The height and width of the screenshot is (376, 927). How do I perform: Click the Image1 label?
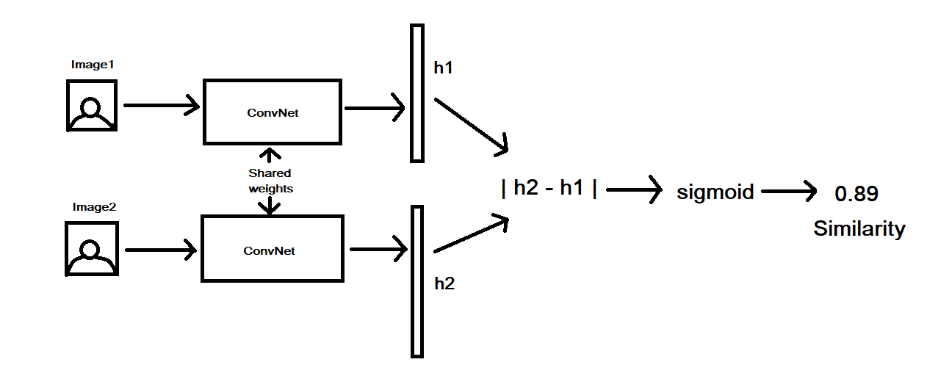point(92,65)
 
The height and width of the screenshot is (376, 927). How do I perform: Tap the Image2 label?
point(94,207)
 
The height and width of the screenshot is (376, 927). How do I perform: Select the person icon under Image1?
point(92,106)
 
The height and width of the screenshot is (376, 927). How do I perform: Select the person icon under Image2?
point(92,250)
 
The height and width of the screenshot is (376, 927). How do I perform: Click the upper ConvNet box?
point(272,112)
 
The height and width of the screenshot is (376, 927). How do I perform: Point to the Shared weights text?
point(270,181)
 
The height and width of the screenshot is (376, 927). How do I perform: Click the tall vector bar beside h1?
point(417,93)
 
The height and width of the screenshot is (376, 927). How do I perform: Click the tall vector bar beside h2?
point(417,281)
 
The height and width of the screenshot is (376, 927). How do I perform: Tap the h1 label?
point(444,68)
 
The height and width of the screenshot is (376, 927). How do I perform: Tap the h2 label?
point(444,283)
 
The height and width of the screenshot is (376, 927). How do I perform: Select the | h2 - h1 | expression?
point(549,188)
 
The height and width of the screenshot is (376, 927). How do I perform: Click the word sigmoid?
point(715,192)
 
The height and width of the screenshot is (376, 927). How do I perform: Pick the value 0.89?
point(856,195)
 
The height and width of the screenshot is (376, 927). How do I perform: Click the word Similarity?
point(859,229)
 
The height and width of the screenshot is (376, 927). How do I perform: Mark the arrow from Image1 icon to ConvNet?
point(162,106)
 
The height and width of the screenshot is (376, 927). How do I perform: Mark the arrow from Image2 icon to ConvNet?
point(162,250)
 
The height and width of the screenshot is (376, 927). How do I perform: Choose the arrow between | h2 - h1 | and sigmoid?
point(633,191)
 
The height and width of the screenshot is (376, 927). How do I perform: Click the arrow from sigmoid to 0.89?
point(789,192)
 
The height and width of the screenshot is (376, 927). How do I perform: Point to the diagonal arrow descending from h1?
point(471,125)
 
